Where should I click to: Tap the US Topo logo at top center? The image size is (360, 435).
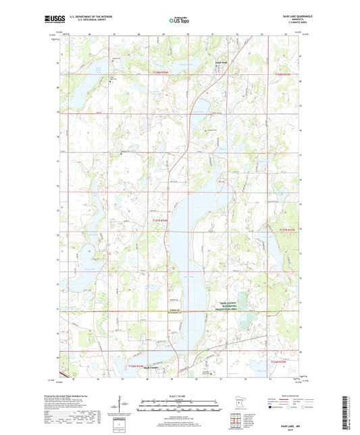pyautogui.click(x=176, y=20)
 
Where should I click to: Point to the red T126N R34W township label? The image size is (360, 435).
pyautogui.click(x=137, y=363)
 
